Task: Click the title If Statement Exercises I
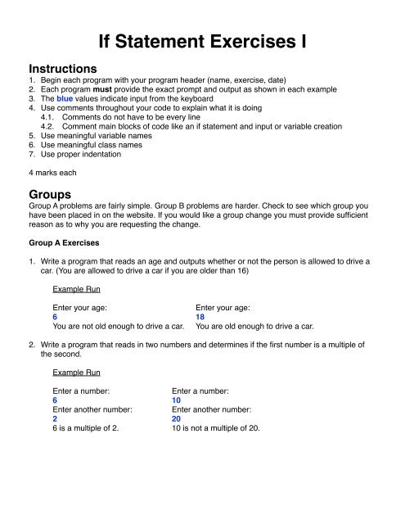pos(202,39)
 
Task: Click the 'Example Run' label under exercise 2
pos(76,394)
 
